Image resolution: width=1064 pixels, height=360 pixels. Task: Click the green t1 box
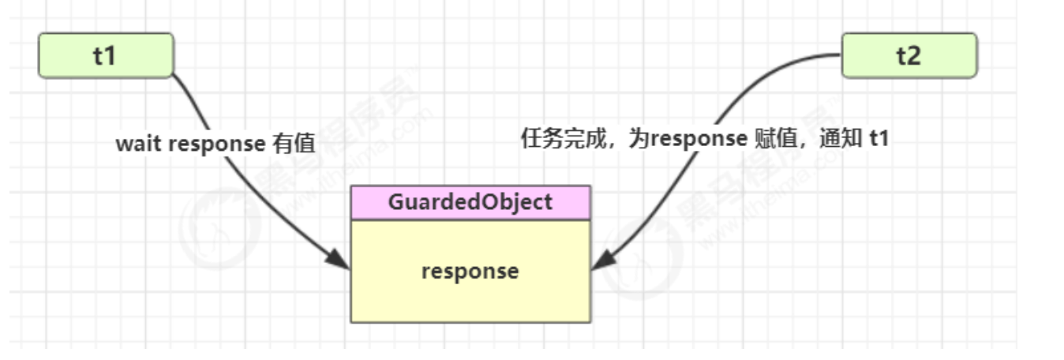click(106, 55)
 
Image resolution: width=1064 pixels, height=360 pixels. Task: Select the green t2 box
click(909, 55)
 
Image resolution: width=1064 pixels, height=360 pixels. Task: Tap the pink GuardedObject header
click(470, 203)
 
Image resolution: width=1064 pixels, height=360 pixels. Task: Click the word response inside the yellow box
click(470, 272)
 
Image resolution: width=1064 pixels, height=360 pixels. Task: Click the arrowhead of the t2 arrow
click(603, 261)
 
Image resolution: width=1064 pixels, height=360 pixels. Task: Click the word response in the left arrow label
click(217, 144)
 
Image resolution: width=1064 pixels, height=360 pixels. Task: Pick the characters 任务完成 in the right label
click(564, 139)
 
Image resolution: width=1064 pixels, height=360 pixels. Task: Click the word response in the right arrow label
click(699, 140)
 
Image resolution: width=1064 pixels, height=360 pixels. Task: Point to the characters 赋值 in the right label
click(776, 139)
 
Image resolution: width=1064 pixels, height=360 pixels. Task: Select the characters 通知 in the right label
click(841, 139)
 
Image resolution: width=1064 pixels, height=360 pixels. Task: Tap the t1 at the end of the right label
click(879, 139)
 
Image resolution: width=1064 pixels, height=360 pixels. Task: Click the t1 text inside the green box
click(104, 56)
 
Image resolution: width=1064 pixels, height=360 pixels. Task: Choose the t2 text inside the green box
click(909, 56)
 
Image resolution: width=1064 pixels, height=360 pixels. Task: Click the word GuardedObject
click(470, 203)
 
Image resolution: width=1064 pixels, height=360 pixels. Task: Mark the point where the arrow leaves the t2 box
click(841, 55)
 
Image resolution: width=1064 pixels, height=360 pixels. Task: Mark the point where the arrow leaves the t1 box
click(173, 74)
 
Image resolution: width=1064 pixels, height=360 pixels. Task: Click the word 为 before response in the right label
click(639, 139)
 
